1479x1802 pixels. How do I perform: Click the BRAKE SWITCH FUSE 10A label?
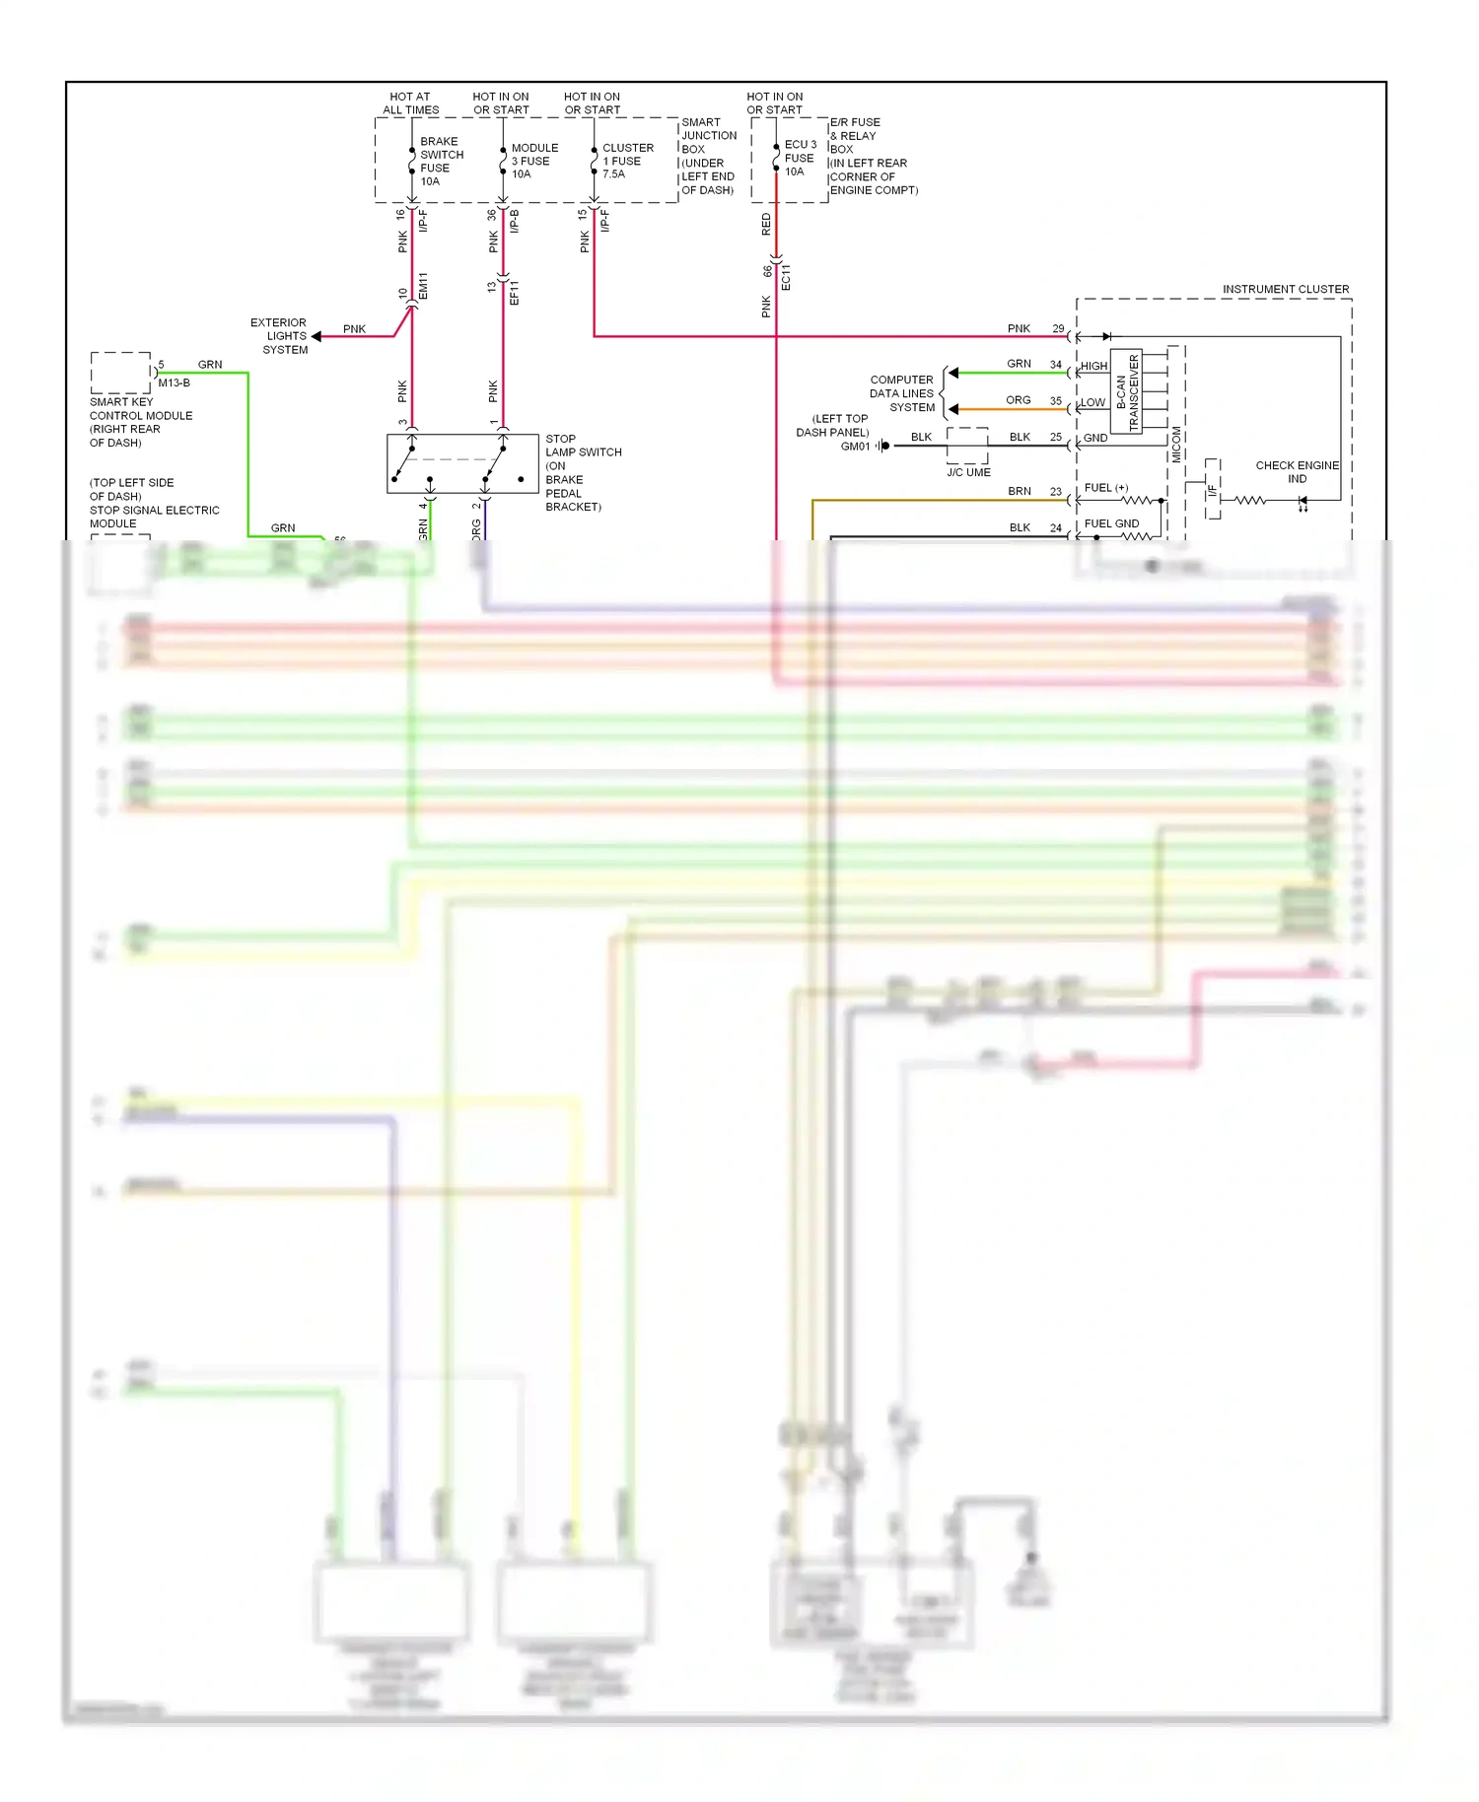(x=441, y=162)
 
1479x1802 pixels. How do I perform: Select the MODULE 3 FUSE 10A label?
(x=533, y=161)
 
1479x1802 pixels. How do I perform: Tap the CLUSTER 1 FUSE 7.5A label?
(x=626, y=161)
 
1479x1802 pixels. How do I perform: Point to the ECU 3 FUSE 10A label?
(x=800, y=158)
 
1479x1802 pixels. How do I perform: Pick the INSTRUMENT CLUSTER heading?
(x=1285, y=289)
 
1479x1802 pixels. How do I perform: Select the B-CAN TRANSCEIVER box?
(x=1126, y=392)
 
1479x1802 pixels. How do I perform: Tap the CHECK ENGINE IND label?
(x=1297, y=471)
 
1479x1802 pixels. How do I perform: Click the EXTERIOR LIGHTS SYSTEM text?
(x=279, y=336)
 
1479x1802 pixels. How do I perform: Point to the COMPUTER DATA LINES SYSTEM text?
(x=901, y=393)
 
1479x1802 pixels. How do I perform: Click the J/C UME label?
(x=968, y=472)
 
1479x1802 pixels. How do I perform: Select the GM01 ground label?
(x=855, y=447)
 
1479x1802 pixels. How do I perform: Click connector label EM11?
(x=423, y=286)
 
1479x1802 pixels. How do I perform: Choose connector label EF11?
(x=514, y=292)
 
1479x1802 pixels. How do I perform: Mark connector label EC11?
(x=786, y=277)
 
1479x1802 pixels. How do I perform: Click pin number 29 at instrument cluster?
(x=1058, y=328)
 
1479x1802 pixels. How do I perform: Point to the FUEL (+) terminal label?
(x=1106, y=488)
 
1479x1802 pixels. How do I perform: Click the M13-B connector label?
(x=174, y=382)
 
